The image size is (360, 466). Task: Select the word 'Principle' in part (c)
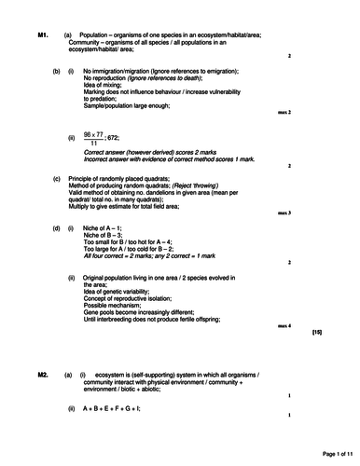pyautogui.click(x=86, y=177)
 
